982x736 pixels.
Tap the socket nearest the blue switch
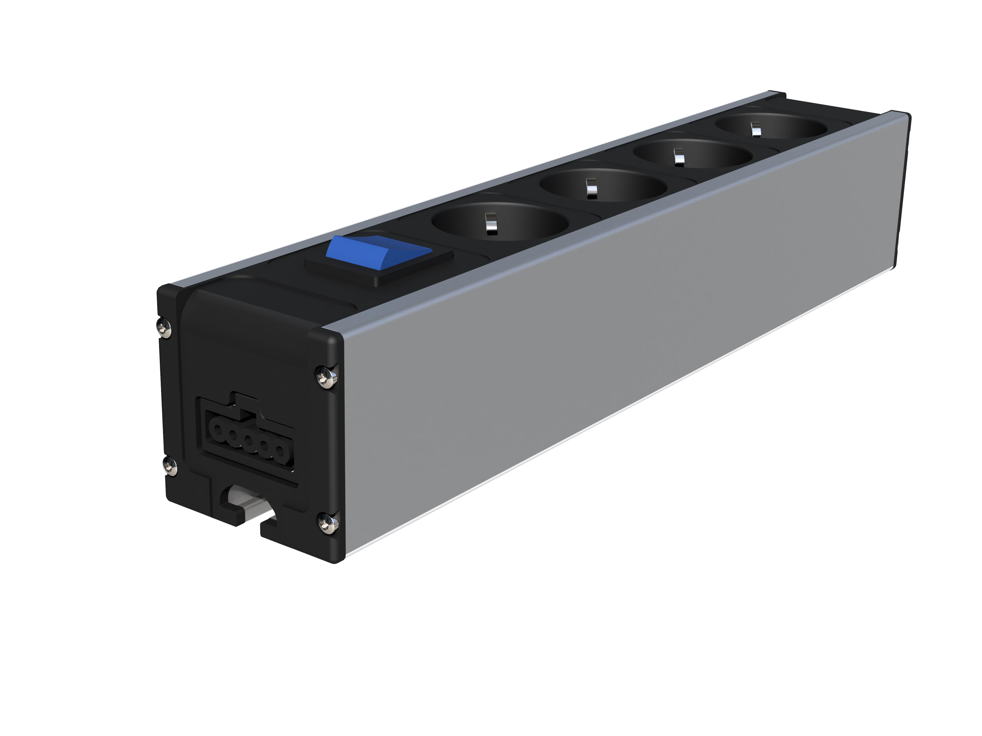coord(499,224)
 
